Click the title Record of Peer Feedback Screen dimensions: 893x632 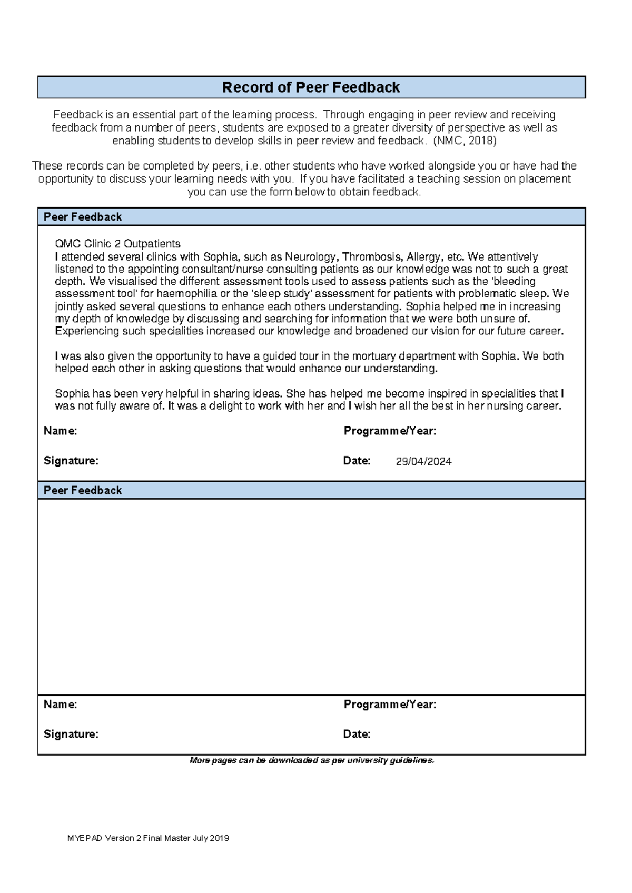point(311,87)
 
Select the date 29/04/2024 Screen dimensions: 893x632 point(423,462)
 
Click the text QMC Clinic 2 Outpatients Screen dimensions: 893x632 point(117,244)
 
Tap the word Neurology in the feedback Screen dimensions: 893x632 point(310,257)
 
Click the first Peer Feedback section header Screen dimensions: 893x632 point(83,217)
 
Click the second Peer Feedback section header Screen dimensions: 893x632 point(83,490)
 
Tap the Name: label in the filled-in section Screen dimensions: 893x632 point(60,431)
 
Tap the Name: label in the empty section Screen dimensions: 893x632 point(60,705)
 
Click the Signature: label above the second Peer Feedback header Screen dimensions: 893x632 point(71,461)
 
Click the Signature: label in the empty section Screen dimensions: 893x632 point(71,734)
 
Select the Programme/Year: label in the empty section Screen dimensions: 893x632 point(390,705)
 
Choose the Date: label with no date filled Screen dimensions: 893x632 point(357,734)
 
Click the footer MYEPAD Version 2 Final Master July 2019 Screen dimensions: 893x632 point(148,838)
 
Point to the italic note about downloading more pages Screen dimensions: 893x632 point(312,760)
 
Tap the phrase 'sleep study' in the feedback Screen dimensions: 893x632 point(282,294)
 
